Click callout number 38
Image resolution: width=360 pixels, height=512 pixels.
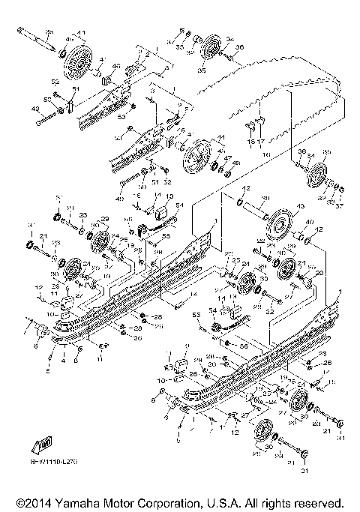50,31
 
